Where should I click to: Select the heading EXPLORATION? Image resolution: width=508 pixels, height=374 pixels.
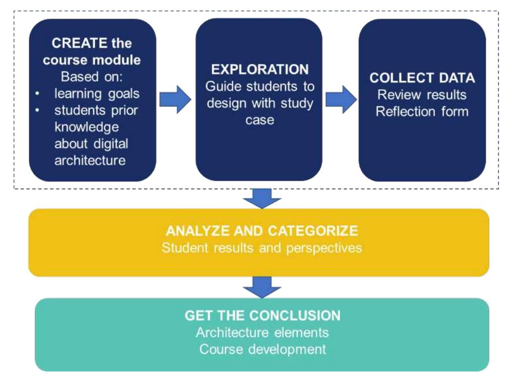tap(260, 69)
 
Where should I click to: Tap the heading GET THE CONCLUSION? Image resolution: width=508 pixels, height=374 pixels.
tap(262, 316)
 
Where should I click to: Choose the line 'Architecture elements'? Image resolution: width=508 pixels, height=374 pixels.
tap(262, 332)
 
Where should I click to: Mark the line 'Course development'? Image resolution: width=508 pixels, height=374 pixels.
tap(262, 348)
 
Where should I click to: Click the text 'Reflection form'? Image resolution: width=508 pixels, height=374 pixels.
tap(422, 111)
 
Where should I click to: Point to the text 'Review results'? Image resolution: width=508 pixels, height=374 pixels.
tap(422, 94)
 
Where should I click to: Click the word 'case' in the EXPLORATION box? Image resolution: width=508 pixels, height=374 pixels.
tap(260, 120)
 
